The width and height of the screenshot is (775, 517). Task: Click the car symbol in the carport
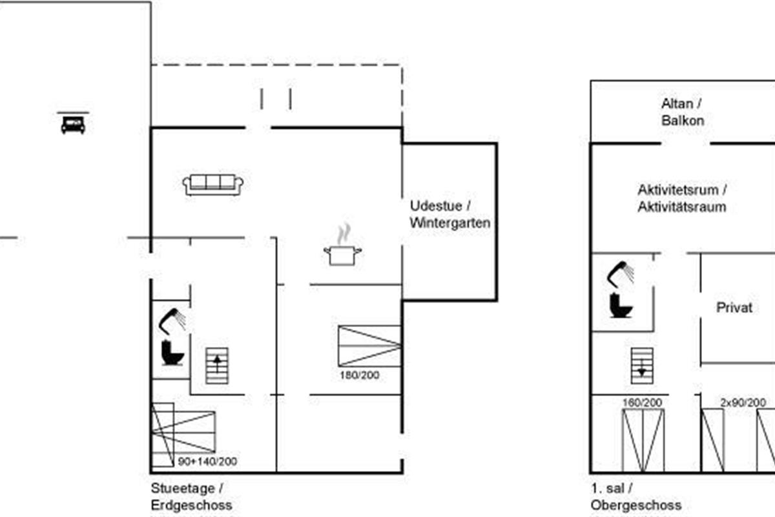coord(73,124)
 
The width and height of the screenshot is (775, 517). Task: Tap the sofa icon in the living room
coord(213,185)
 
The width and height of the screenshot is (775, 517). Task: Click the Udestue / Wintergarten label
coord(450,214)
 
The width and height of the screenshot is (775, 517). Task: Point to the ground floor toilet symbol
coord(172,352)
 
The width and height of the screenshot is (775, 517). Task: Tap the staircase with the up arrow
coord(217,366)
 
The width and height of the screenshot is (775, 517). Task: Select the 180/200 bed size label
coord(359,375)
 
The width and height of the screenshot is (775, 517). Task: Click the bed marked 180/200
coord(369,346)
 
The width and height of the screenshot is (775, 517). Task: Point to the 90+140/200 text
coord(207,461)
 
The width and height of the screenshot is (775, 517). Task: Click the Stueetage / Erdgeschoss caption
coord(191,497)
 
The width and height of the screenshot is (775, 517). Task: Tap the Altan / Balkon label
coord(682,112)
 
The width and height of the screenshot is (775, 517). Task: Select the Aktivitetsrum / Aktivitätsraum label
coord(682,198)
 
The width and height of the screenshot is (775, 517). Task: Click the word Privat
coord(734,308)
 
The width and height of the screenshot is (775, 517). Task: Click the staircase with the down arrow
coord(641,365)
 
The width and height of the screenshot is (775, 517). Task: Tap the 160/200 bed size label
coord(642,403)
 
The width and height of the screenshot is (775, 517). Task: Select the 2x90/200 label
coord(743,403)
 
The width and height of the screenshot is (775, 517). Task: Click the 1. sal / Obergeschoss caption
coord(635,497)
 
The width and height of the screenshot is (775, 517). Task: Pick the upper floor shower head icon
coord(621,274)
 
